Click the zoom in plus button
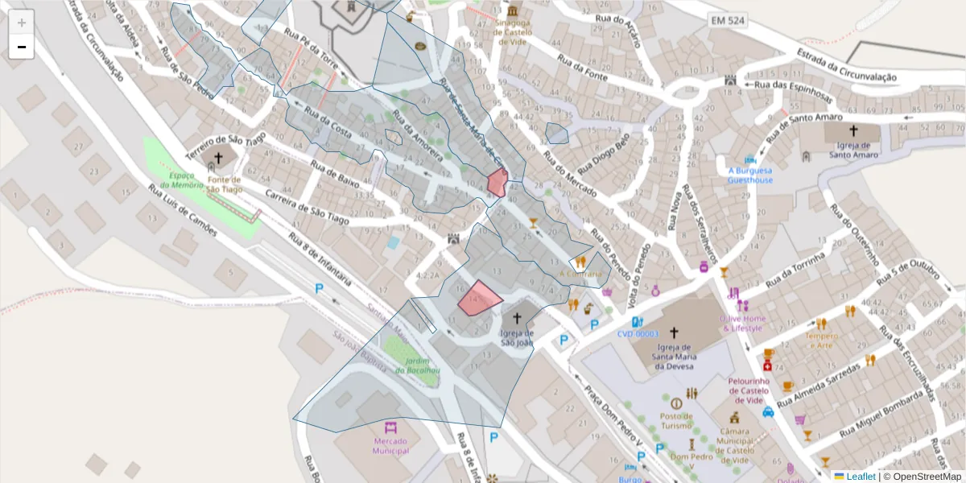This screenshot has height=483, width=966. point(22,23)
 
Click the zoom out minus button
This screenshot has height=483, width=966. point(22,47)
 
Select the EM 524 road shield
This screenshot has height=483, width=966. point(728,19)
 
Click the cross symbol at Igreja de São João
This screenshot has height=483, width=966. point(517,318)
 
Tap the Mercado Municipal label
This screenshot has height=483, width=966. point(390,445)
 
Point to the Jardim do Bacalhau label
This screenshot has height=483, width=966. point(411,365)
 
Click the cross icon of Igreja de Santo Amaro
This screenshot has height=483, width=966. point(852,130)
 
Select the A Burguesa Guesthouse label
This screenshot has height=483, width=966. point(750,175)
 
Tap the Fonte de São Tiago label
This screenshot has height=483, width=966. point(224,184)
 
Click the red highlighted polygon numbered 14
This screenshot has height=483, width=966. point(479,298)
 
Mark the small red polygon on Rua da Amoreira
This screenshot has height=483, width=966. point(497,183)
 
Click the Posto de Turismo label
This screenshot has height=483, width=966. point(676,420)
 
